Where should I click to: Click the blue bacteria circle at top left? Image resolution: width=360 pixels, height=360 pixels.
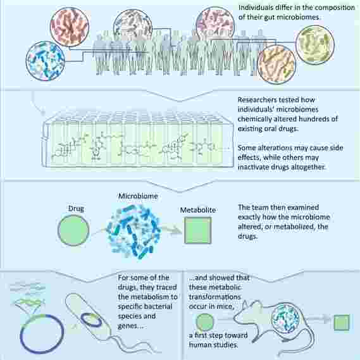[45, 61]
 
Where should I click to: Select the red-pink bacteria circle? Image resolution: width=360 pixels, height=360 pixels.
[70, 27]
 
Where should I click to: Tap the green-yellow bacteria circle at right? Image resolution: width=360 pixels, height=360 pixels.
[315, 45]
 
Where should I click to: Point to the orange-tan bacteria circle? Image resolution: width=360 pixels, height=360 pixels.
[276, 65]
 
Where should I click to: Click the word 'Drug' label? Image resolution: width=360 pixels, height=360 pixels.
[76, 208]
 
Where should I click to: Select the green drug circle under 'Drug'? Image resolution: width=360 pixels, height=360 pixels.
[73, 230]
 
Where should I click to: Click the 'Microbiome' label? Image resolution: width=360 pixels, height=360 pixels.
[138, 196]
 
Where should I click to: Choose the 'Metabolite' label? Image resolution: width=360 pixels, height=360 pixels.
[198, 210]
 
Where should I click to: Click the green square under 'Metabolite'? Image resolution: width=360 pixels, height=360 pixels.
[197, 230]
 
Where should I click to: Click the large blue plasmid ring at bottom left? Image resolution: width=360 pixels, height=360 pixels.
[42, 334]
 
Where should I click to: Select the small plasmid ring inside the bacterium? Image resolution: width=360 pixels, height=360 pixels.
[91, 320]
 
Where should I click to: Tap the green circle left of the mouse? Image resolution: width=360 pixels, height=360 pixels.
[205, 322]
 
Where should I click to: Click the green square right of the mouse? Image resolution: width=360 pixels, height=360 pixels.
[342, 323]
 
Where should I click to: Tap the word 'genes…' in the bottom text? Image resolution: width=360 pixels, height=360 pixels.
[130, 326]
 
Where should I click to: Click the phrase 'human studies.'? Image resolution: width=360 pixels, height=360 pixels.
[213, 345]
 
